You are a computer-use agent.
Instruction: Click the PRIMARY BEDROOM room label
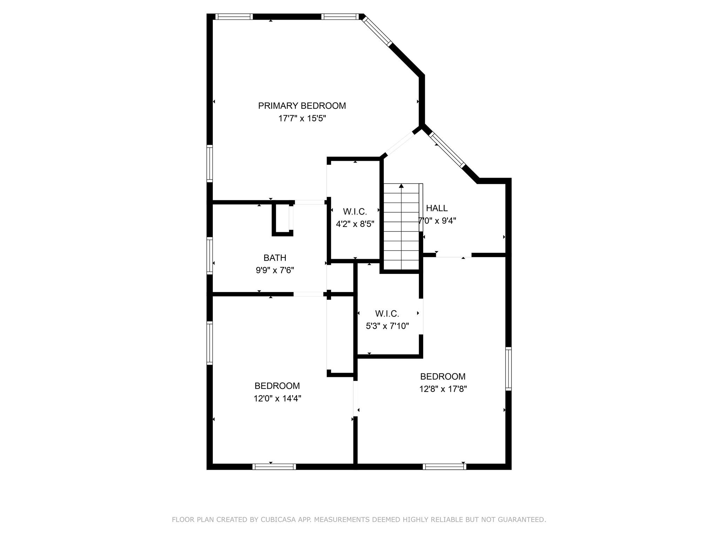302,106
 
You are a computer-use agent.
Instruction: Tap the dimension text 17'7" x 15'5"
302,118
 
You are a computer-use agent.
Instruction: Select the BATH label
275,258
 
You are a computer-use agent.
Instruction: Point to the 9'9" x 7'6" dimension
275,270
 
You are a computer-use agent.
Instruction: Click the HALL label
436,208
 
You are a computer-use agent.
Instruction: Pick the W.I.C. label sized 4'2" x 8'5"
355,212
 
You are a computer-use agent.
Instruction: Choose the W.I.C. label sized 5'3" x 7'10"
387,313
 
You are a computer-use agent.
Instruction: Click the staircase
401,228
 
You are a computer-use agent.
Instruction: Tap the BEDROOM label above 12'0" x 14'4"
277,386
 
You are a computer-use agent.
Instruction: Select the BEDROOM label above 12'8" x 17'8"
443,377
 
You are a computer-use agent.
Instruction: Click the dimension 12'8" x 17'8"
443,389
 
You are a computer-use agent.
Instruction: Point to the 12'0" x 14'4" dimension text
277,399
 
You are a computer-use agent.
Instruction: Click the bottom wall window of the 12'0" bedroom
274,467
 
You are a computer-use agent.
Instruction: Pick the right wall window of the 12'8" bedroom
508,368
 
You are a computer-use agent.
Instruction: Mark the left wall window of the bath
210,256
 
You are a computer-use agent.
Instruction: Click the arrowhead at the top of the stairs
401,186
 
